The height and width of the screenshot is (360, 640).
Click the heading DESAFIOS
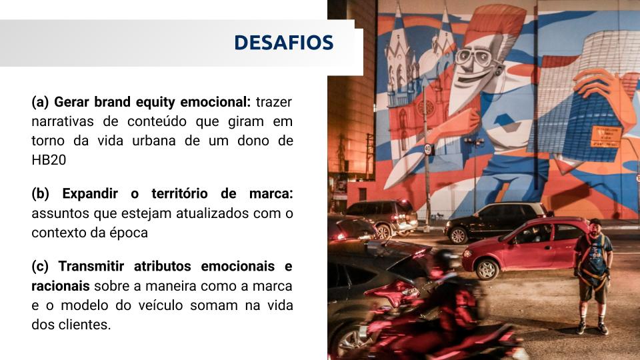point(284,43)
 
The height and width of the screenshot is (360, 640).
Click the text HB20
point(49,159)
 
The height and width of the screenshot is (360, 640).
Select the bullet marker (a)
point(40,102)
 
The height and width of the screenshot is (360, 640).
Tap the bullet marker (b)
point(40,193)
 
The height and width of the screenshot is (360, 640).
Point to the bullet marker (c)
point(39,266)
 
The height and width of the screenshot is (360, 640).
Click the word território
point(179,193)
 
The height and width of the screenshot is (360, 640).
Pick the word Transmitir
point(91,266)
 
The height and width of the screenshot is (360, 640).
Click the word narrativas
point(63,121)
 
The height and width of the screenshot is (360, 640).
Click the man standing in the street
point(593,276)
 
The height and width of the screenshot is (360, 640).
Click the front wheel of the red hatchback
point(487,269)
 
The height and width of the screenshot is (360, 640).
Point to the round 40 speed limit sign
point(427,149)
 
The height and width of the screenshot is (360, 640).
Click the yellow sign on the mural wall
point(606,137)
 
